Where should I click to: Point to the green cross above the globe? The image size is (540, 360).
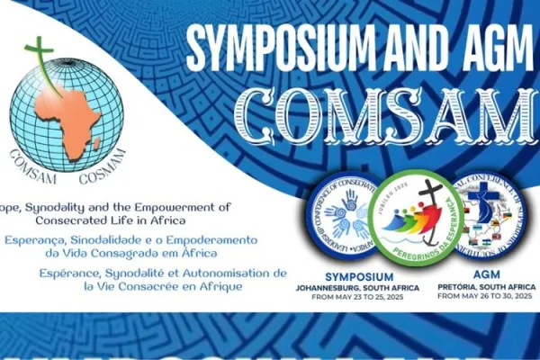40,52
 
